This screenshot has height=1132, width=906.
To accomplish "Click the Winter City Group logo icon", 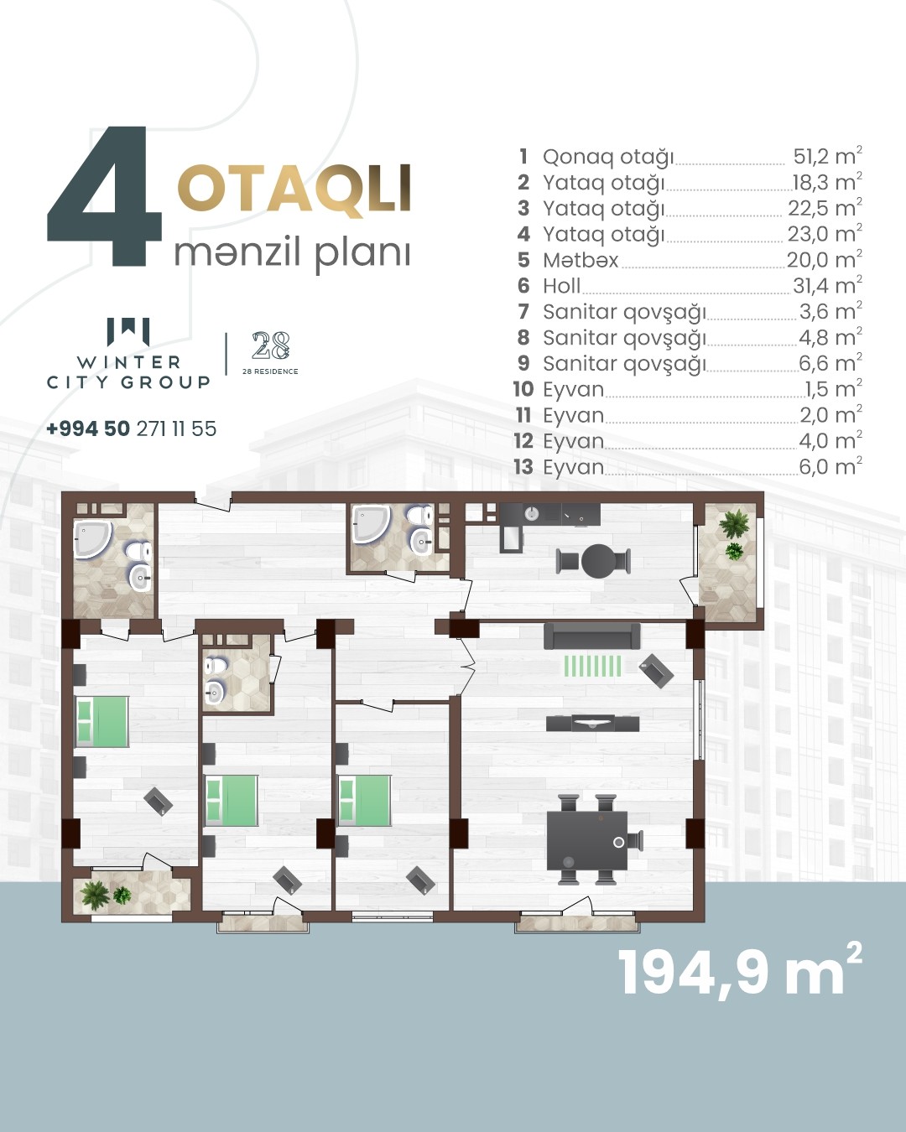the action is [128, 331].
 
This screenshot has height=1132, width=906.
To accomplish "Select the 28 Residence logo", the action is [271, 353].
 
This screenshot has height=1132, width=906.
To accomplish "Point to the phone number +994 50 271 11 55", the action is [132, 428].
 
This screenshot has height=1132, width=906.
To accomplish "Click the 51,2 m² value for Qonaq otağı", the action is [827, 156].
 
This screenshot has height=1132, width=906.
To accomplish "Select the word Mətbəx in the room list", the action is [581, 260].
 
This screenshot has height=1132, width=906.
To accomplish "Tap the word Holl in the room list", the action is [562, 286].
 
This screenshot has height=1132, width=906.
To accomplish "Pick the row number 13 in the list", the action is [523, 466].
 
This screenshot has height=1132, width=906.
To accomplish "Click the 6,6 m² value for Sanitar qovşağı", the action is [830, 363].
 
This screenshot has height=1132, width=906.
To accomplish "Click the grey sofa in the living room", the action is [592, 636].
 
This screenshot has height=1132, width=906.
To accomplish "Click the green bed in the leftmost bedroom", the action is [102, 722].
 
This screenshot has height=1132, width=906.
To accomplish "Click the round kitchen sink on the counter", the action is [532, 512].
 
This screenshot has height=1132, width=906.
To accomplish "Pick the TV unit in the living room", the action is [593, 724].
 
